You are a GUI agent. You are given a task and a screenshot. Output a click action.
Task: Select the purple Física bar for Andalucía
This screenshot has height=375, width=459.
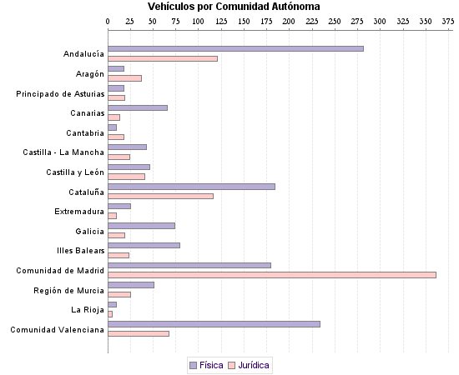(235, 48)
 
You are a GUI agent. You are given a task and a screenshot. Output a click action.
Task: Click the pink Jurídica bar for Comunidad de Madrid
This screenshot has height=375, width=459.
(272, 275)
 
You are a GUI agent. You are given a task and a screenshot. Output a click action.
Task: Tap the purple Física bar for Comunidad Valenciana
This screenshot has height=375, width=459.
(214, 323)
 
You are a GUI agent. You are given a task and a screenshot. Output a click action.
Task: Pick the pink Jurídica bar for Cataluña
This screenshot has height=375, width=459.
(160, 196)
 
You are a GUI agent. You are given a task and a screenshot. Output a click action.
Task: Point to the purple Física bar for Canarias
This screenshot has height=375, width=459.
(138, 107)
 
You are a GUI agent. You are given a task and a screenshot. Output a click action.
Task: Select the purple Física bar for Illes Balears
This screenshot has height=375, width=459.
(144, 245)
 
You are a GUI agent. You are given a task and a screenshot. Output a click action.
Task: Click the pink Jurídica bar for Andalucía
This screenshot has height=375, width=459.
(163, 58)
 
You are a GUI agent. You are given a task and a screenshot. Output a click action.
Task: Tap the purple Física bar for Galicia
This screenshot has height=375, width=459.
(141, 225)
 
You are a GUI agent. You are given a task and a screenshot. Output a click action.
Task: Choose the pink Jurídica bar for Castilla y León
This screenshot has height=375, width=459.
(126, 177)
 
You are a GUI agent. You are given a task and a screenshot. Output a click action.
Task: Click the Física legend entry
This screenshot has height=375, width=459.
(206, 365)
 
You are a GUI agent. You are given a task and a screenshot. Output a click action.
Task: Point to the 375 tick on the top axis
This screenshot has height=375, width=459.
(448, 20)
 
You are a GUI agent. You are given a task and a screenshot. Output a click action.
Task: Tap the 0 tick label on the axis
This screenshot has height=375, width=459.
(108, 20)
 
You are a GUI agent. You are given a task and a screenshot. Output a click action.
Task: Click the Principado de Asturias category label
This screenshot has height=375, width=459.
(60, 93)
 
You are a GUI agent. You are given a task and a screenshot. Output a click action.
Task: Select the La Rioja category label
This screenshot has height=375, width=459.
(87, 310)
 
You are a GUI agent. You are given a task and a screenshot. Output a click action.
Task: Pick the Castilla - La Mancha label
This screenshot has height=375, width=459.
(63, 152)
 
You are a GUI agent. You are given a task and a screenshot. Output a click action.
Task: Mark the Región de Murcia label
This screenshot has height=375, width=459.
(69, 290)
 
